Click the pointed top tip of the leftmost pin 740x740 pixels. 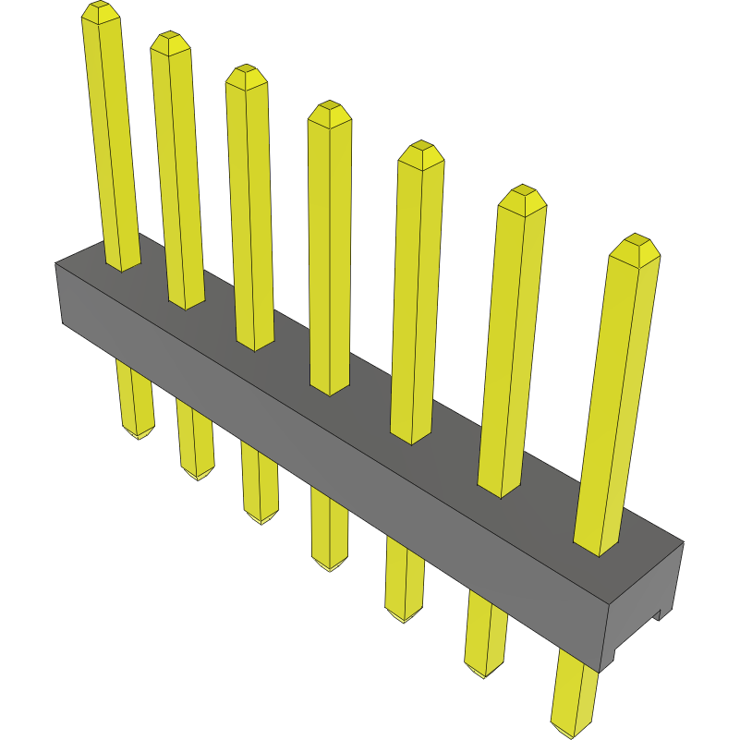pos(101,9)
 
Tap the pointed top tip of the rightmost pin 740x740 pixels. pos(635,242)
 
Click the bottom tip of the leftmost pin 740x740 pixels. pos(138,434)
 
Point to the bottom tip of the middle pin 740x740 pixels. pos(330,565)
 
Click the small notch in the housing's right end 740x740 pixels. pos(660,613)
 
